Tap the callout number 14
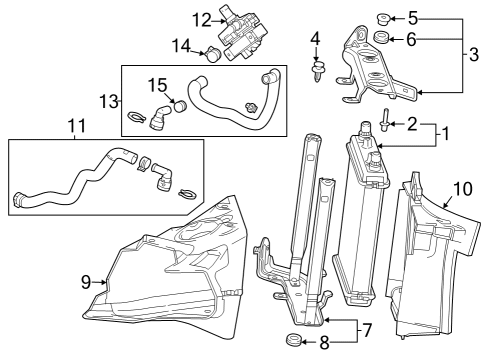click(x=182, y=45)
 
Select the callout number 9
click(x=86, y=283)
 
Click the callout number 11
click(x=76, y=128)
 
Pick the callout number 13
click(x=108, y=100)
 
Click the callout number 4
click(x=315, y=40)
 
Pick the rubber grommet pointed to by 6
click(x=382, y=39)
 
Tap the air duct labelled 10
click(x=425, y=260)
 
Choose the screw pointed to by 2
click(x=385, y=125)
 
